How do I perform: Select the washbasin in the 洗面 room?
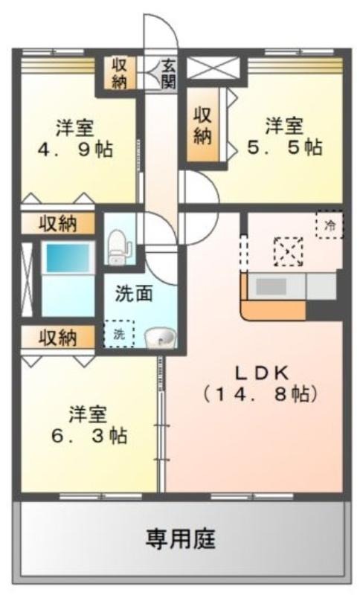(160, 336)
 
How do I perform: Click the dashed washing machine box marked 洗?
(119, 333)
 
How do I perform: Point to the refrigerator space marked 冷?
(330, 225)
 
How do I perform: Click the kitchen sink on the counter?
(271, 286)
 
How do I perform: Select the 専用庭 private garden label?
(181, 538)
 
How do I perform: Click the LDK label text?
(262, 373)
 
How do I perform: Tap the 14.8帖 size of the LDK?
(260, 395)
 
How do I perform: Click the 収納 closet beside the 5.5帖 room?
(202, 125)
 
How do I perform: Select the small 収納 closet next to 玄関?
(119, 74)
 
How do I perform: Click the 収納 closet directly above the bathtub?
(58, 224)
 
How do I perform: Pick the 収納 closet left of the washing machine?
(58, 337)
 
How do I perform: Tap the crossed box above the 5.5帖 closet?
(213, 68)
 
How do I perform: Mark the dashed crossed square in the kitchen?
(289, 251)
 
